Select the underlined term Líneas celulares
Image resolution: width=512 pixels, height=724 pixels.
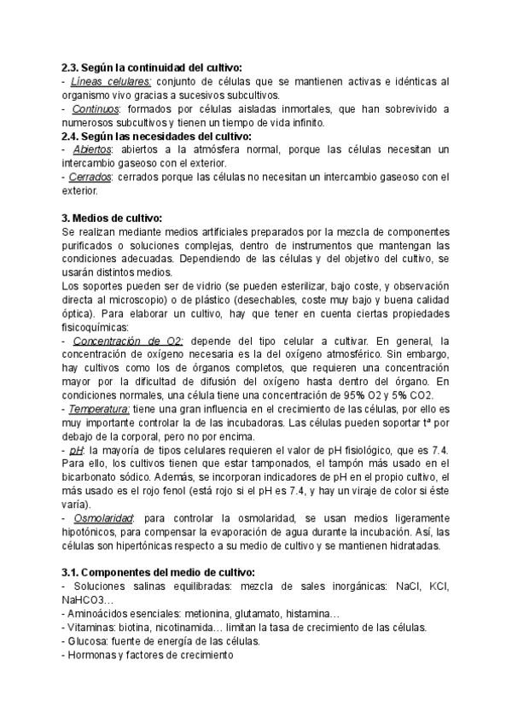tap(110, 82)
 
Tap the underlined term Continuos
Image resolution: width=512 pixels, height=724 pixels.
tap(96, 110)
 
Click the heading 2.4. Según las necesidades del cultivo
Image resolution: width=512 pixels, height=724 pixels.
tap(157, 137)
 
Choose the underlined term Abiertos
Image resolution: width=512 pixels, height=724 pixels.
tap(92, 150)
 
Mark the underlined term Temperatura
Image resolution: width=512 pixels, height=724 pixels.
tap(100, 409)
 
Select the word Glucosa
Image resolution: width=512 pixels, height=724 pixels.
tap(88, 641)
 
